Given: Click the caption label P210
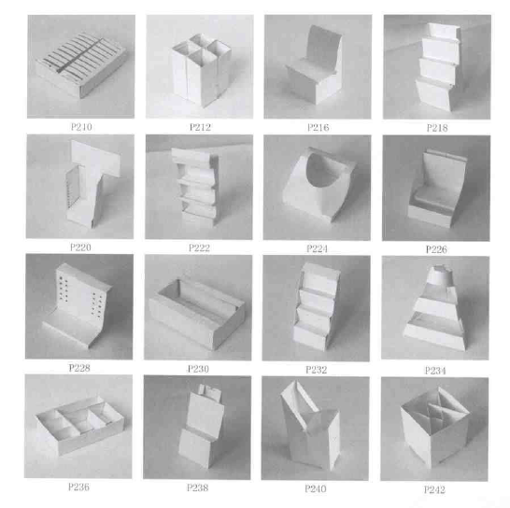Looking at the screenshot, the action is point(81,127).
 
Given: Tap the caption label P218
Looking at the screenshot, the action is point(437,128).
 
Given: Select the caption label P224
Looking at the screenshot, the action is point(317,248).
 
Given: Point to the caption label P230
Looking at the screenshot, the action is point(198,369).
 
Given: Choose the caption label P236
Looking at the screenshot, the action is point(78,487).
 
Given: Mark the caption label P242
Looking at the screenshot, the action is point(434,489).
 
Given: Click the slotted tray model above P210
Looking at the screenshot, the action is point(80,65).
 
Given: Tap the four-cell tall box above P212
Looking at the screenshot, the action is point(200,70).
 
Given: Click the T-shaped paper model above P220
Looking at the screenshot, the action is point(92,184).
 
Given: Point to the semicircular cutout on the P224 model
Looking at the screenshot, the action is point(322,170).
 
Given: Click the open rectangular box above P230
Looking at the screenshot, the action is point(197,312).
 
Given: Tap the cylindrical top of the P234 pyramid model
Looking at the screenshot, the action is point(440,275).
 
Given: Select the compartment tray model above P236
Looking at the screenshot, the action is point(79,424).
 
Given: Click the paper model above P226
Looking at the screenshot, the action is point(436,188).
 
